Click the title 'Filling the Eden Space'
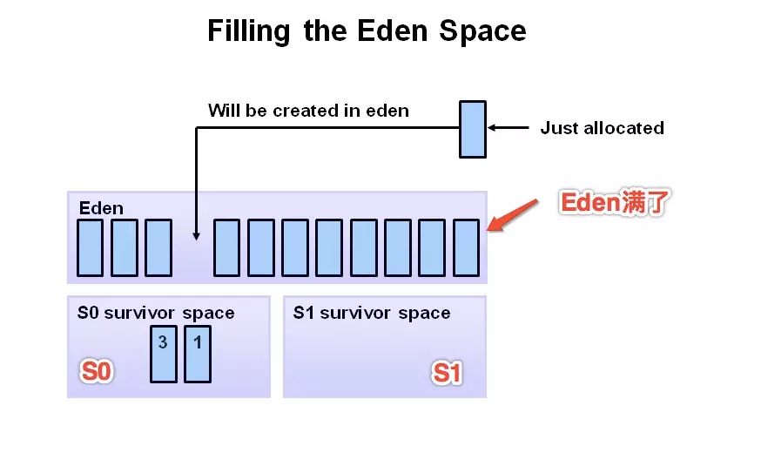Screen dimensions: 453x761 click(x=367, y=31)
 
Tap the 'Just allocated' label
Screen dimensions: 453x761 click(x=602, y=128)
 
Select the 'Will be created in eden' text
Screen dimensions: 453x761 click(x=308, y=111)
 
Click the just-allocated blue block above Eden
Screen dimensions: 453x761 click(x=473, y=129)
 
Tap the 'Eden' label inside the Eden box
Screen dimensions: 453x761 click(x=101, y=208)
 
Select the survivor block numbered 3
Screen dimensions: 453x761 click(x=164, y=354)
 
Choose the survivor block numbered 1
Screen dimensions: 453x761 click(x=198, y=354)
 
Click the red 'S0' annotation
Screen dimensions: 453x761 click(x=97, y=372)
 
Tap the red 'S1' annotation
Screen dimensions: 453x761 click(x=448, y=374)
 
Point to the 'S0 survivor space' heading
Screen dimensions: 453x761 click(x=155, y=313)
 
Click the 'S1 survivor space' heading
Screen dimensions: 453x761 click(x=372, y=313)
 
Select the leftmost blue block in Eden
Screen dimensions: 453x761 click(x=91, y=248)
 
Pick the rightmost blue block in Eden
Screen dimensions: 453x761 click(x=467, y=248)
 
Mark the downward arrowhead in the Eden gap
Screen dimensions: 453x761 click(x=197, y=234)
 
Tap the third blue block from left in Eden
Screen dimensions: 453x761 click(x=158, y=248)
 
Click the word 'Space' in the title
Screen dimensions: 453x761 click(x=482, y=31)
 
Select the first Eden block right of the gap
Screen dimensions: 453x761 click(x=227, y=248)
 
